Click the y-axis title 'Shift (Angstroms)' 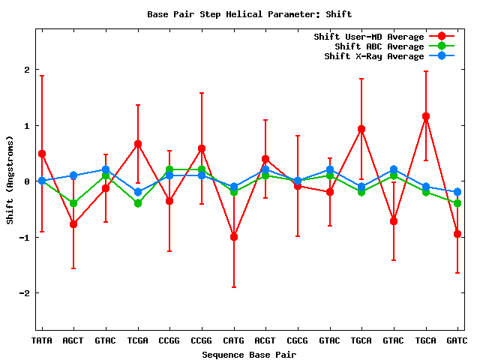pos(10,180)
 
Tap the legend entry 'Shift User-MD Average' pos(370,37)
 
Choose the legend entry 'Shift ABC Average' pos(379,46)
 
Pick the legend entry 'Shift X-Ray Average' pos(374,56)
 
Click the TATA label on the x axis pos(42,341)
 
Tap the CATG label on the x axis pos(233,341)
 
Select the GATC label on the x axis pos(457,341)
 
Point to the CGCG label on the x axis pos(297,341)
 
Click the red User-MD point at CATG pos(234,237)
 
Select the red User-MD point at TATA pos(42,154)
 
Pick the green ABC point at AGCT pos(73,203)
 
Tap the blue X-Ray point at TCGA pos(138,192)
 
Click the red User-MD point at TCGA pos(138,144)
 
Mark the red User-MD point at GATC pos(457,234)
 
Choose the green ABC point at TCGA pos(138,203)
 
